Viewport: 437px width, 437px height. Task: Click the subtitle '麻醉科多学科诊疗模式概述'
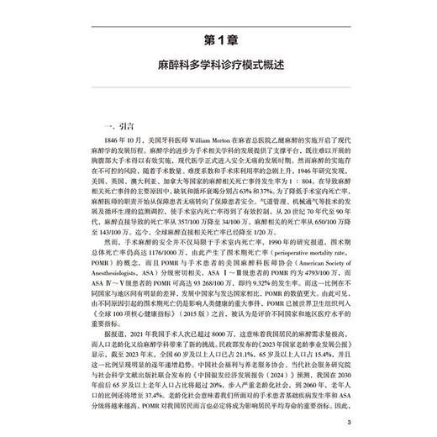coord(218,64)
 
